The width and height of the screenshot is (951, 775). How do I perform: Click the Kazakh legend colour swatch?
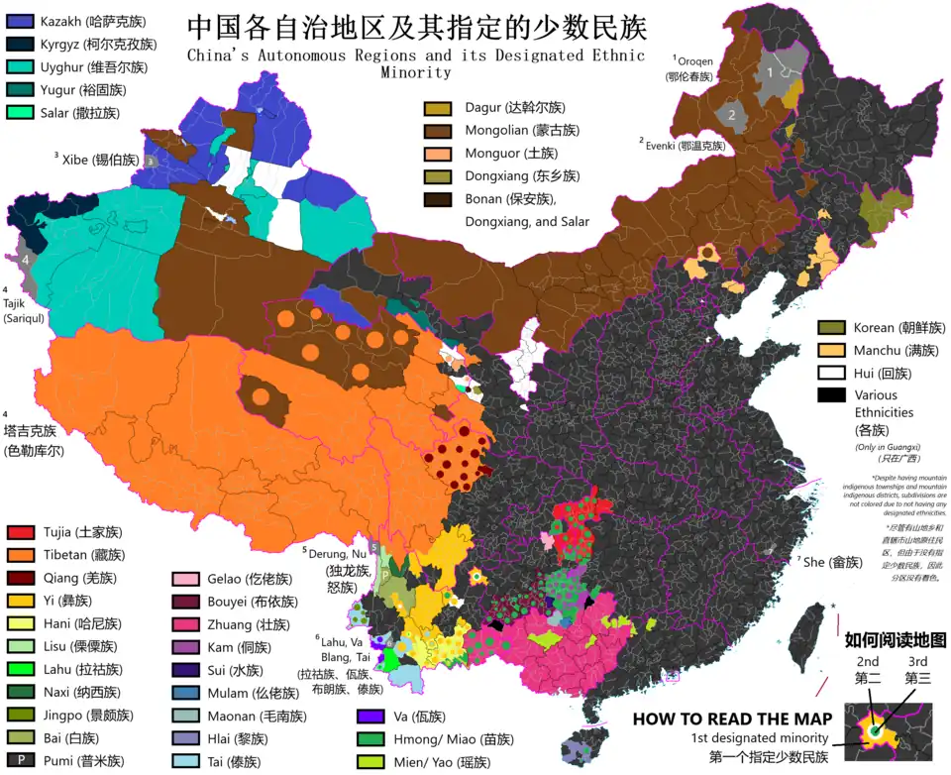21,20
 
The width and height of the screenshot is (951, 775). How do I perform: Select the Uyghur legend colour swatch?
21,66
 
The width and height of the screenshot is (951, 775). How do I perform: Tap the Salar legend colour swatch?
21,112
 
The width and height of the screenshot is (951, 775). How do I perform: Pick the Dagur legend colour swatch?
438,107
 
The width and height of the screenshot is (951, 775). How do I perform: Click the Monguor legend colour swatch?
438,153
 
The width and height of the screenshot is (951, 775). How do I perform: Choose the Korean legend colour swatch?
831,327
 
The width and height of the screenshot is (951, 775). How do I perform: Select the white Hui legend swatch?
831,373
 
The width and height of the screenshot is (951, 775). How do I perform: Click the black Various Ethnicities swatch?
831,395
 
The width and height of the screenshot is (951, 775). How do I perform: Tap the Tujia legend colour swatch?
21,532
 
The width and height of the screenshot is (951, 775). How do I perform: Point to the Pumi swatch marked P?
21,760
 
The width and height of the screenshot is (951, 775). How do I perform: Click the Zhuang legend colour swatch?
186,624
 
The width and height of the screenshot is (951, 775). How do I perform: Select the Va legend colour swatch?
370,716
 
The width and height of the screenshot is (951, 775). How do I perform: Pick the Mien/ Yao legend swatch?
370,761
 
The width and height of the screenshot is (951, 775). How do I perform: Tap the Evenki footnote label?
683,145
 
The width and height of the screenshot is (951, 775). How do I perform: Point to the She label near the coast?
828,562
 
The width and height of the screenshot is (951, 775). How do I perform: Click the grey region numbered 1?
769,72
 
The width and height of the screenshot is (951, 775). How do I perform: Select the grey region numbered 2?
731,114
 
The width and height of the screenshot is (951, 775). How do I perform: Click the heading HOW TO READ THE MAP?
730,720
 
